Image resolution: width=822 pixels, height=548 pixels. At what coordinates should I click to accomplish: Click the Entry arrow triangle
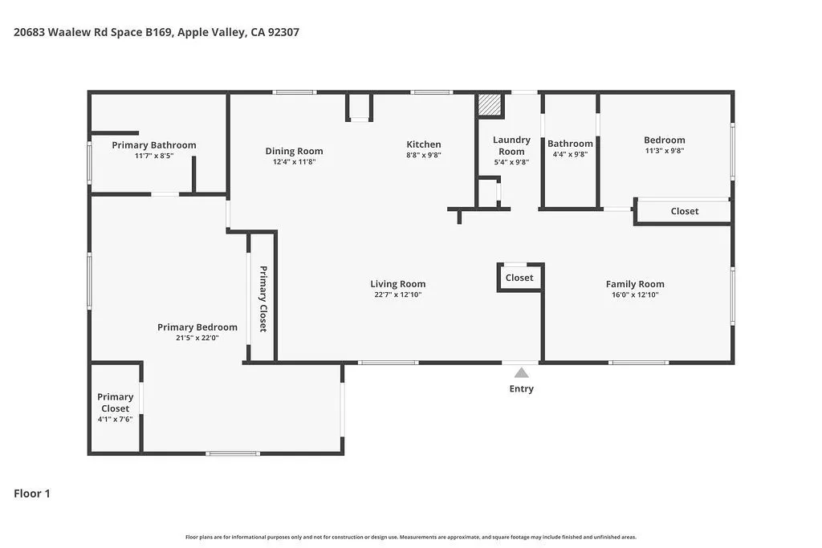tap(521, 373)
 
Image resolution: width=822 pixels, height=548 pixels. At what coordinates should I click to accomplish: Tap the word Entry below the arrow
tap(522, 388)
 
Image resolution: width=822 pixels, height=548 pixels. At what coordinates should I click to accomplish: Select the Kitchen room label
tap(424, 144)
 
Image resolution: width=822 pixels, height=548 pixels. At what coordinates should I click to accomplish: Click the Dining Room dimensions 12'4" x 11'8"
tap(294, 162)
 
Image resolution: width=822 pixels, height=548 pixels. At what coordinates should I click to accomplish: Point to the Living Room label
tap(398, 284)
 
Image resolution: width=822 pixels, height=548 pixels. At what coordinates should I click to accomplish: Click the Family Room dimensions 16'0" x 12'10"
tap(635, 294)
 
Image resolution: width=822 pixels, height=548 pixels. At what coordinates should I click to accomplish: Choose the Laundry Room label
tap(511, 146)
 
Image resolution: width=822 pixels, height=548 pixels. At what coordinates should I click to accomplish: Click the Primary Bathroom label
tap(154, 145)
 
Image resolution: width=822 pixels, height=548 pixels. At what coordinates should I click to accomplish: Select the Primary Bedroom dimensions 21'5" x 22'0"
tap(197, 338)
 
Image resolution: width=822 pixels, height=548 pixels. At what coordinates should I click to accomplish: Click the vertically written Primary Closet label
tap(263, 298)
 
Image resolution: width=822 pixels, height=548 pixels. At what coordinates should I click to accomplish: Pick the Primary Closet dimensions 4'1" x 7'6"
tap(115, 419)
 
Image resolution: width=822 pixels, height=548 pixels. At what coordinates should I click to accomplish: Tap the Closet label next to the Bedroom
tap(685, 211)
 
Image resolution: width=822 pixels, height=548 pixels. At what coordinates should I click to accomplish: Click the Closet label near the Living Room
tap(519, 278)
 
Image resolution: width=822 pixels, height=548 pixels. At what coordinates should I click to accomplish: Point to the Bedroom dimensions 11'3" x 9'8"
tap(664, 151)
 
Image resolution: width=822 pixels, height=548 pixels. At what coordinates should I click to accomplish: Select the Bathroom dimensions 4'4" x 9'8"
tap(570, 155)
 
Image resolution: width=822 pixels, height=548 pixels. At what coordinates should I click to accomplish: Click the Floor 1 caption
tap(32, 493)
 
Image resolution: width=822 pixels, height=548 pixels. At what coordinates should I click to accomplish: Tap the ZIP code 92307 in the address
tap(283, 32)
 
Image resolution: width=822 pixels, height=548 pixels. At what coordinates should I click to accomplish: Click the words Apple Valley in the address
tap(212, 32)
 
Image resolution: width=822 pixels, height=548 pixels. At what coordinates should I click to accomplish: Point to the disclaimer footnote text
tap(411, 537)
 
